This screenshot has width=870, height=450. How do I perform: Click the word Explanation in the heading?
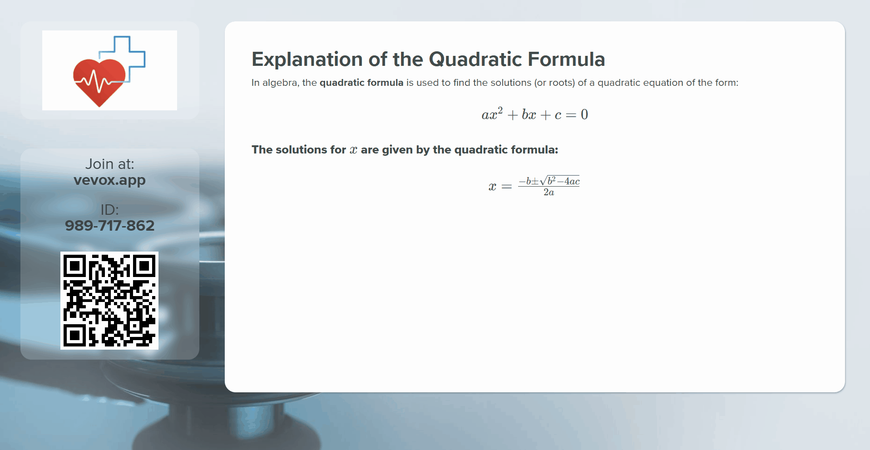pyautogui.click(x=306, y=59)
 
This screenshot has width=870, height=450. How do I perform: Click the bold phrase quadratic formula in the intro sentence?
pyautogui.click(x=361, y=83)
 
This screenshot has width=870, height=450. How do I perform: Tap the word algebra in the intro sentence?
pyautogui.click(x=279, y=83)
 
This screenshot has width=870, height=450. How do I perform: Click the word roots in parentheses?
pyautogui.click(x=561, y=83)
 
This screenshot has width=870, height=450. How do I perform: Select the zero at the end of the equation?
pyautogui.click(x=584, y=114)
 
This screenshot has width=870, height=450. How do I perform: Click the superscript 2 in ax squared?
pyautogui.click(x=500, y=110)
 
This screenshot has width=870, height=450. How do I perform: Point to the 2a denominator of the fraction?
pyautogui.click(x=549, y=193)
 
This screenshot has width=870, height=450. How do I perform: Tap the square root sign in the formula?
pyautogui.click(x=543, y=181)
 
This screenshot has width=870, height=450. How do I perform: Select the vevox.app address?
pyautogui.click(x=109, y=180)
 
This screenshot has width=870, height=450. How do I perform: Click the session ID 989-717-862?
pyautogui.click(x=109, y=226)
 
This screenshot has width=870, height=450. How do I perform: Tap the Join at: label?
pyautogui.click(x=109, y=164)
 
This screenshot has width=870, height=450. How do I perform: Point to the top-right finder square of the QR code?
pyautogui.click(x=144, y=266)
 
